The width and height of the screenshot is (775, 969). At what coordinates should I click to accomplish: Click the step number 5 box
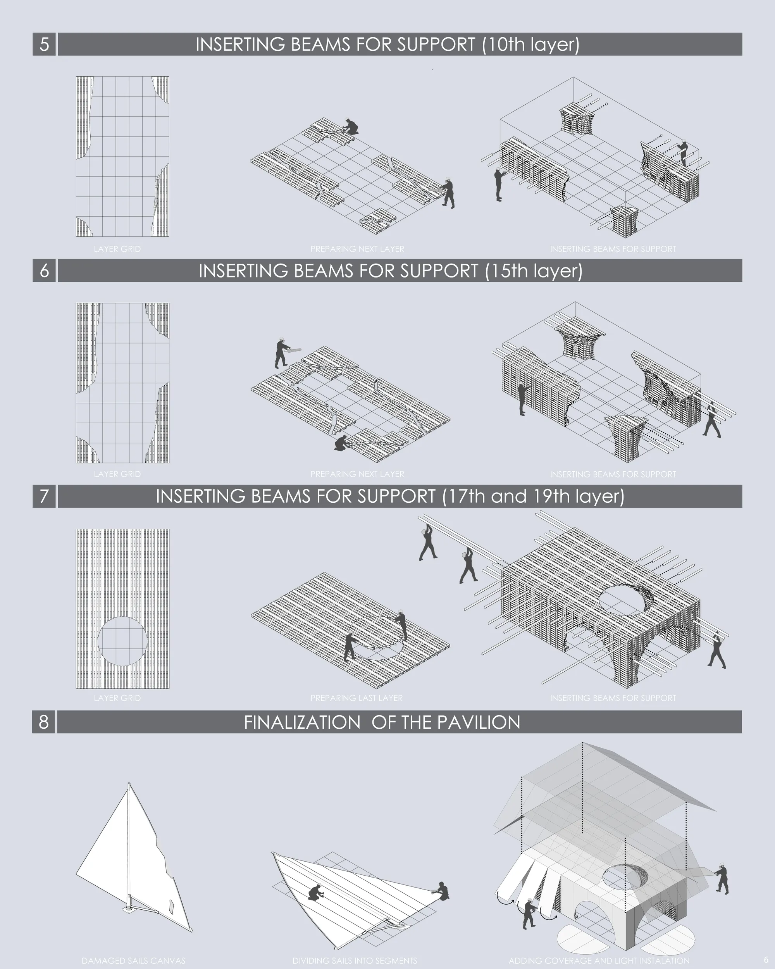pos(44,44)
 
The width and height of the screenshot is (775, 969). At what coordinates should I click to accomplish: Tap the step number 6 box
pos(44,270)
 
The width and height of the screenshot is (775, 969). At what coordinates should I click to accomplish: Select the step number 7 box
pos(44,496)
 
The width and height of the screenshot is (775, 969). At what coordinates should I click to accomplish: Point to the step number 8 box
pos(43,722)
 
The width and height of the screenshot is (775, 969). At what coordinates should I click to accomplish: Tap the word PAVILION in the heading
pos(479,722)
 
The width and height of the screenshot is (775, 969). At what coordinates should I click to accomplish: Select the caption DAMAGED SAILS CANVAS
pos(133,960)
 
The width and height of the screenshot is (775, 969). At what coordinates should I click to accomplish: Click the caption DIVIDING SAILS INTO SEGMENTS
pos(355,960)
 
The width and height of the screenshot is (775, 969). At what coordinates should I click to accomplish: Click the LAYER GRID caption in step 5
pos(117,249)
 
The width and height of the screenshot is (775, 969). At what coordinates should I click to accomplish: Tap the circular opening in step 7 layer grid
pos(122,641)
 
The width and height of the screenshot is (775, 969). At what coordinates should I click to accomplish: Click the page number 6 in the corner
pos(766,960)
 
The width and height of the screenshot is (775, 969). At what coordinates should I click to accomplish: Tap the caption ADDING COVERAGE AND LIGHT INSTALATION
pos(599,960)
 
